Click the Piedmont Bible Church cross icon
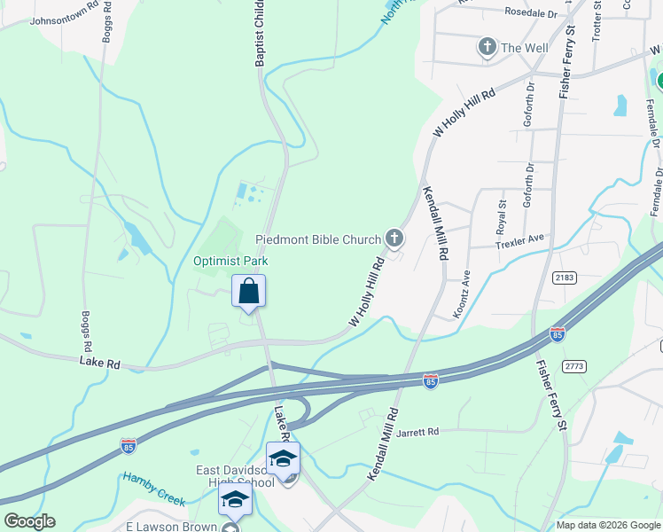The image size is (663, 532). pos(394,239)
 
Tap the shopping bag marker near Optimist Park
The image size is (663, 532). pos(249,291)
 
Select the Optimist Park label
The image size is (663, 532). pos(230,261)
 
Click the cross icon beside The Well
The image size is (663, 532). pos(487,48)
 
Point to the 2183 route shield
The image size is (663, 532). pos(564,278)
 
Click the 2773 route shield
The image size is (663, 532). pos(574,365)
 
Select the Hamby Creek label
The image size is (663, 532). pos(154,489)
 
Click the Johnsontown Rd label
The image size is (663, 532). pos(63,18)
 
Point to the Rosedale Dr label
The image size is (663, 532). pos(530,14)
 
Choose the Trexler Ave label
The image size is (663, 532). pos(519,240)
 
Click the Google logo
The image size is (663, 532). pos(28,521)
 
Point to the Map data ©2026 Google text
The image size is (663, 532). pos(607,525)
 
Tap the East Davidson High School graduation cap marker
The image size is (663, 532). pos(283,458)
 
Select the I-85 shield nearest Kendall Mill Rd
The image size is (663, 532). pos(431,381)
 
